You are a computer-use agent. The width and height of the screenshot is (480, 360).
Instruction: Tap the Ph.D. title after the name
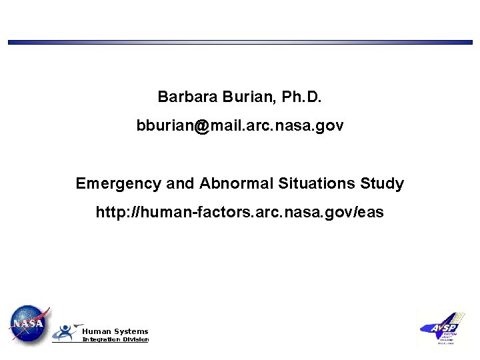point(302,97)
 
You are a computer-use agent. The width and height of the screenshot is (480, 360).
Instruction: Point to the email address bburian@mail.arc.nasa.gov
point(240,125)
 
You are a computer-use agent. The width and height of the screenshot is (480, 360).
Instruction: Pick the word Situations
point(312,183)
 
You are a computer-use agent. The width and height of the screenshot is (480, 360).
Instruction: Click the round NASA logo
point(29,325)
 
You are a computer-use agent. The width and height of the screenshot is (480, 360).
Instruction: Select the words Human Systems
point(115,331)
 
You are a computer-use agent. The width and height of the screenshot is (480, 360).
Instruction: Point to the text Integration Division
point(115,340)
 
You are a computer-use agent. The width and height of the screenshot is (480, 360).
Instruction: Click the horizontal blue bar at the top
point(240,42)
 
